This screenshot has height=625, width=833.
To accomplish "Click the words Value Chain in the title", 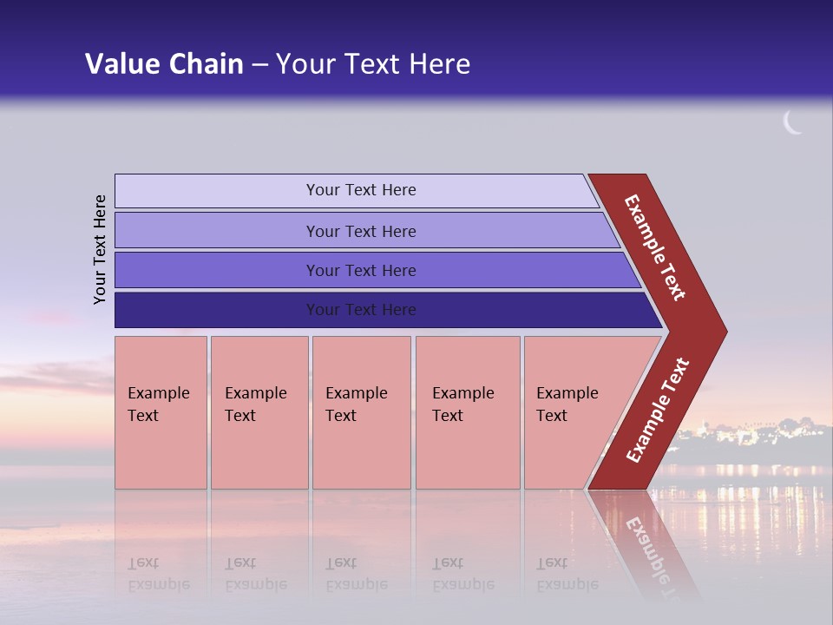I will point(164,64).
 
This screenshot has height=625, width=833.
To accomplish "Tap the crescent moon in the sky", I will point(792,123).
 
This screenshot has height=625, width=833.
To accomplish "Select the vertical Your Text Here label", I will point(101,249).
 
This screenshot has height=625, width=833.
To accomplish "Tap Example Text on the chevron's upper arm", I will point(655,247).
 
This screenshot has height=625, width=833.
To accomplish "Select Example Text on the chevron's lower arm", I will point(657,411).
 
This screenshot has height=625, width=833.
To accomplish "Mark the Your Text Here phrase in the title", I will point(373,64).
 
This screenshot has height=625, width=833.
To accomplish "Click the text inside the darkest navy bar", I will point(361,310).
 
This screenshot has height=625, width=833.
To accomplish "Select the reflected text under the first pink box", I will point(159,574).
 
